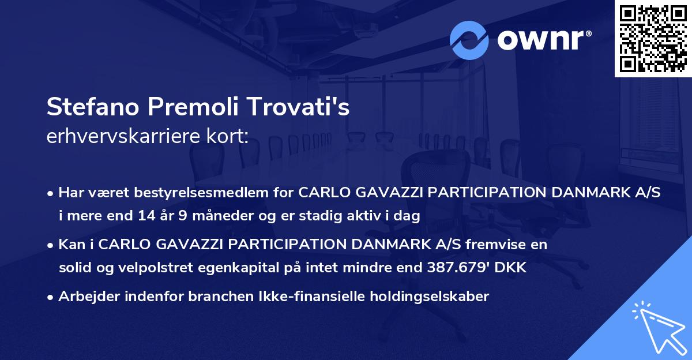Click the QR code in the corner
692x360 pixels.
point(653,39)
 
